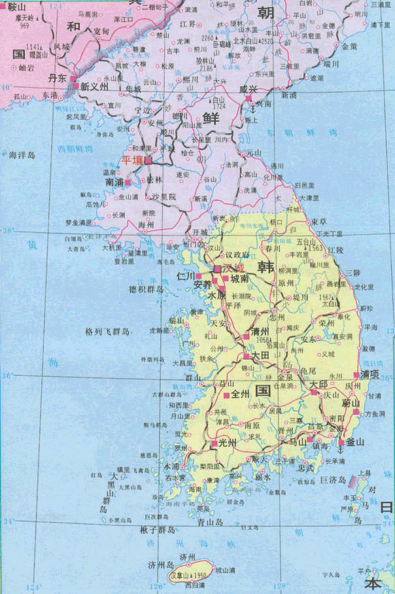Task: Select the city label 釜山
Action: [355, 442]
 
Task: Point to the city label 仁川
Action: [186, 276]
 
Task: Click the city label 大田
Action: [261, 355]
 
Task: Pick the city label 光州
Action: [227, 443]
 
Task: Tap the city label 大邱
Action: [318, 384]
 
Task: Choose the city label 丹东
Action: [58, 77]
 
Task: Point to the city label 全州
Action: [241, 396]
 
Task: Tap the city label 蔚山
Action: [352, 403]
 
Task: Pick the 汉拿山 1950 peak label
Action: [188, 575]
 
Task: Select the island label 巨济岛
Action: [332, 480]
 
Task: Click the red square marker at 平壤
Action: [148, 160]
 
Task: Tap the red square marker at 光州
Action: [215, 444]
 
